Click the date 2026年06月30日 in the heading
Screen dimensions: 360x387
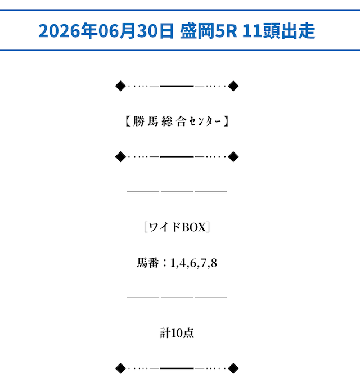point(106,30)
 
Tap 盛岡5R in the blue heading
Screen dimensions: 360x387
point(209,30)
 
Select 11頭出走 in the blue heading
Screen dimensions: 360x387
point(279,30)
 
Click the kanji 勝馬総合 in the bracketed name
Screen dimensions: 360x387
point(160,121)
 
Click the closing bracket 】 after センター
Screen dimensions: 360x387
point(226,121)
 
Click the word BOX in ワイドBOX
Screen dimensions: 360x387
point(193,227)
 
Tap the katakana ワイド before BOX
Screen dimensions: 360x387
point(165,227)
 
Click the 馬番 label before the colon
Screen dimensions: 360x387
point(148,263)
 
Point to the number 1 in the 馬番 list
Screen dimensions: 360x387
point(173,263)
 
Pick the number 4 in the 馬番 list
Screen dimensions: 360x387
point(183,263)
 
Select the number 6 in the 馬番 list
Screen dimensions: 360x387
point(193,263)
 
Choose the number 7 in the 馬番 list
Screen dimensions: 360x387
point(203,263)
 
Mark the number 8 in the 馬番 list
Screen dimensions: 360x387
point(214,263)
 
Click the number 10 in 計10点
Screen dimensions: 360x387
point(177,333)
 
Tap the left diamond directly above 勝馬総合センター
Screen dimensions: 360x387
point(121,86)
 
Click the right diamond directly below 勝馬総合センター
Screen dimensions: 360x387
point(233,157)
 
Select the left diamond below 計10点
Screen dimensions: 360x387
point(121,368)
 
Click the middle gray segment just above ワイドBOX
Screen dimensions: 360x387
point(177,191)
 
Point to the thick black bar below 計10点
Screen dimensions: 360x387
point(177,368)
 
